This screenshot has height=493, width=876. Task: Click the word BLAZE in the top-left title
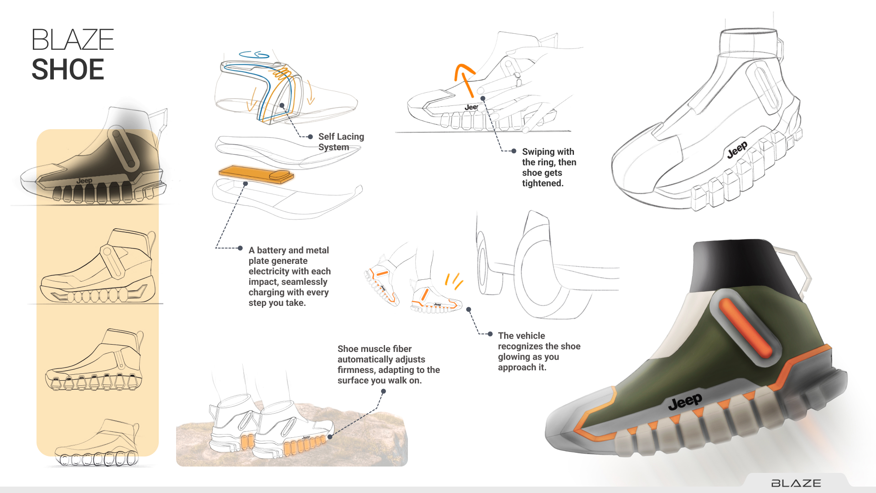pyautogui.click(x=73, y=40)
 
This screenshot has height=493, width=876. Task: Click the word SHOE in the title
pyautogui.click(x=68, y=69)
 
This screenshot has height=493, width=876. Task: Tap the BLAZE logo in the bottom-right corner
pyautogui.click(x=796, y=483)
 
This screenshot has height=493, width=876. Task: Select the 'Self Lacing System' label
pyautogui.click(x=341, y=142)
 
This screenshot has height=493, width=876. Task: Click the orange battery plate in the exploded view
pyautogui.click(x=256, y=174)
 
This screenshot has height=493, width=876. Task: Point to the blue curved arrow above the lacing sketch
pyautogui.click(x=254, y=55)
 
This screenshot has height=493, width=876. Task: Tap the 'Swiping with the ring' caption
pyautogui.click(x=549, y=167)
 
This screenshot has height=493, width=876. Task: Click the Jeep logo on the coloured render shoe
pyautogui.click(x=685, y=402)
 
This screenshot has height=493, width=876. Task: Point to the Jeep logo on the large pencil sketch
pyautogui.click(x=737, y=150)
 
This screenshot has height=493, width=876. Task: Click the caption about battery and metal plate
pyautogui.click(x=289, y=277)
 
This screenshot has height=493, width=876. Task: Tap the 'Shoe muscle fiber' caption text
pyautogui.click(x=388, y=364)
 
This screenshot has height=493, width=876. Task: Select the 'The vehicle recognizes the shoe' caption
pyautogui.click(x=539, y=351)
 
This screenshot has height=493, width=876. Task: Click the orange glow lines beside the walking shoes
pyautogui.click(x=454, y=281)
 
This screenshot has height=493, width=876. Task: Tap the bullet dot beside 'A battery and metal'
pyautogui.click(x=240, y=248)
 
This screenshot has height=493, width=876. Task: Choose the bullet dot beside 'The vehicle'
pyautogui.click(x=490, y=334)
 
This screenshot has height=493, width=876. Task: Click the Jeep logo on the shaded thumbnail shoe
pyautogui.click(x=84, y=181)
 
